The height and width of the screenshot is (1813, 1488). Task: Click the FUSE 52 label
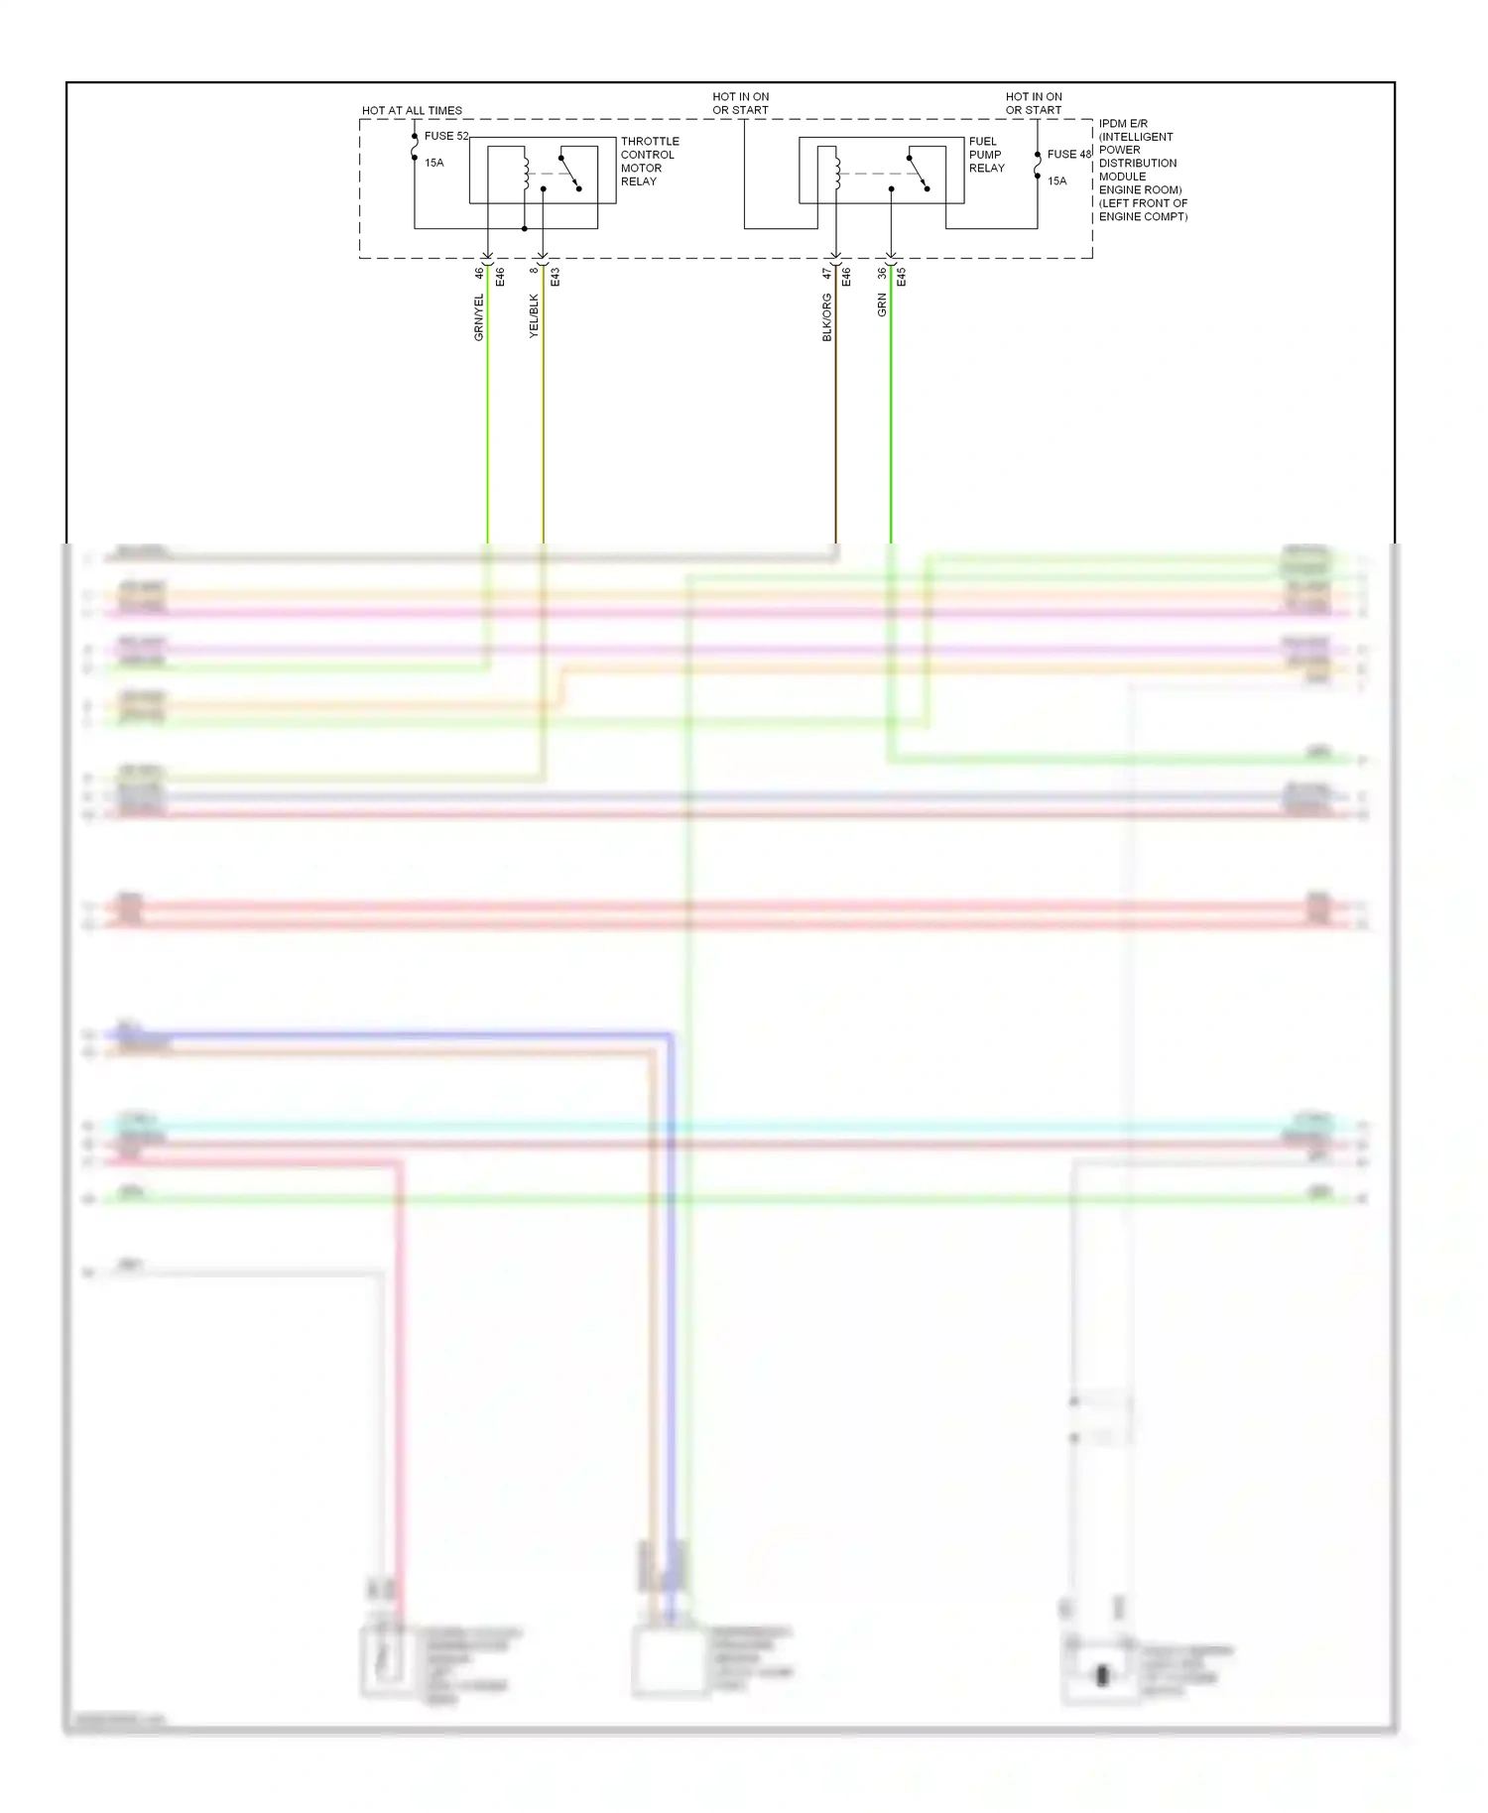[x=445, y=136]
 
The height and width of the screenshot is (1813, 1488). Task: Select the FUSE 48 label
[x=1068, y=154]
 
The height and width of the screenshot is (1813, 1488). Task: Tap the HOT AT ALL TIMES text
[x=412, y=110]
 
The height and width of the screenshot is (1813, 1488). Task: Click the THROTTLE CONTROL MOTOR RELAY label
[x=650, y=161]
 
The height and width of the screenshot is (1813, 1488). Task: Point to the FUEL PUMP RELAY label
[x=986, y=155]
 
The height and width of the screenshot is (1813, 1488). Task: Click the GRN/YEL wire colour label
[x=479, y=317]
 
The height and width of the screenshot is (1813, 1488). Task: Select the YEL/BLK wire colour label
[x=534, y=315]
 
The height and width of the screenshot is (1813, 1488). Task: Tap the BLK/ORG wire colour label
[x=827, y=317]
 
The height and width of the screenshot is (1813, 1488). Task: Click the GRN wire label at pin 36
[x=882, y=305]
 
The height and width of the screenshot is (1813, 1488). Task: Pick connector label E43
[x=555, y=278]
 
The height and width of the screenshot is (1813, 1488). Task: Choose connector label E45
[x=901, y=278]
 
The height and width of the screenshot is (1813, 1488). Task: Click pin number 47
[x=826, y=273]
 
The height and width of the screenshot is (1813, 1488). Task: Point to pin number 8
[x=534, y=270]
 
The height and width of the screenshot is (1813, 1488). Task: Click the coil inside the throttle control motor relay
[x=526, y=172]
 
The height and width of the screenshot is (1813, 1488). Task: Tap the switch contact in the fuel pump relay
[x=919, y=172]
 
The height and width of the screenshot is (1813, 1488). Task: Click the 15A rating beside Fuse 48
[x=1057, y=181]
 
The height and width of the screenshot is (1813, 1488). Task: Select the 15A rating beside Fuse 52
[x=434, y=163]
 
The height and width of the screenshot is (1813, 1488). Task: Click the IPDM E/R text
[x=1123, y=124]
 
